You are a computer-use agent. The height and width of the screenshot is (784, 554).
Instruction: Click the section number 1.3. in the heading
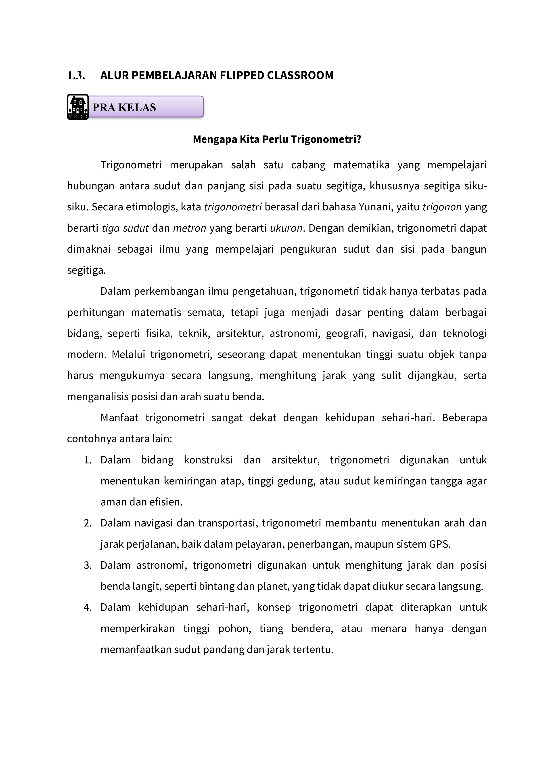(x=76, y=76)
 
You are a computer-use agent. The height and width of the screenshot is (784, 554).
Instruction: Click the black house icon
(x=78, y=107)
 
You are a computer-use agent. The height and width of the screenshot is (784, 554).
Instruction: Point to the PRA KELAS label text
(x=124, y=108)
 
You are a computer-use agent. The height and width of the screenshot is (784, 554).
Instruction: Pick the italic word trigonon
(x=442, y=207)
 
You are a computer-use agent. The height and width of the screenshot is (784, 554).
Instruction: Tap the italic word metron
(x=190, y=228)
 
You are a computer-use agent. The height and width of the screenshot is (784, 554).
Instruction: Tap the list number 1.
(x=88, y=460)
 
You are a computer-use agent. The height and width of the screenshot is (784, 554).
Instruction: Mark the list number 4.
(x=88, y=607)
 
